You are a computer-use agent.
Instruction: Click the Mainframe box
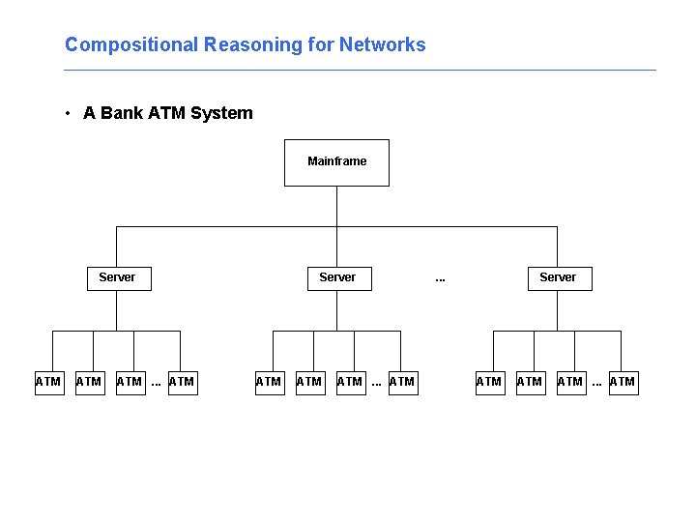tap(336, 161)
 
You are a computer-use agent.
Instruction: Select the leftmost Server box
tap(117, 277)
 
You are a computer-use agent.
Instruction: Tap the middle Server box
tap(337, 277)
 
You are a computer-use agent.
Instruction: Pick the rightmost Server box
tap(558, 277)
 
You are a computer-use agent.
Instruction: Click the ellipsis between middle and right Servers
tap(440, 278)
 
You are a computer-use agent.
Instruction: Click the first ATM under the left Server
tap(48, 382)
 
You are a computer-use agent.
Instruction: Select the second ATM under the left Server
tap(89, 382)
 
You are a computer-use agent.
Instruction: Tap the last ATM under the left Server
tap(181, 382)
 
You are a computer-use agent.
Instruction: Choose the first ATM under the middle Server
tap(269, 382)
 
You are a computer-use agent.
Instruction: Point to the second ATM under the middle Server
tap(309, 382)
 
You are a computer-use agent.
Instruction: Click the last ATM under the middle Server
tap(401, 382)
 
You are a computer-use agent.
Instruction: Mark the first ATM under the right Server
tap(489, 382)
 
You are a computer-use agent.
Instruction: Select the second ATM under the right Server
tap(530, 382)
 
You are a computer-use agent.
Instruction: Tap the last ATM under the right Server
tap(622, 382)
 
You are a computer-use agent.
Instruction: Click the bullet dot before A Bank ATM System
tap(68, 114)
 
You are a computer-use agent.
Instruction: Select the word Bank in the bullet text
tap(121, 113)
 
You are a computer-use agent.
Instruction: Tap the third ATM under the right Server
tap(570, 382)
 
